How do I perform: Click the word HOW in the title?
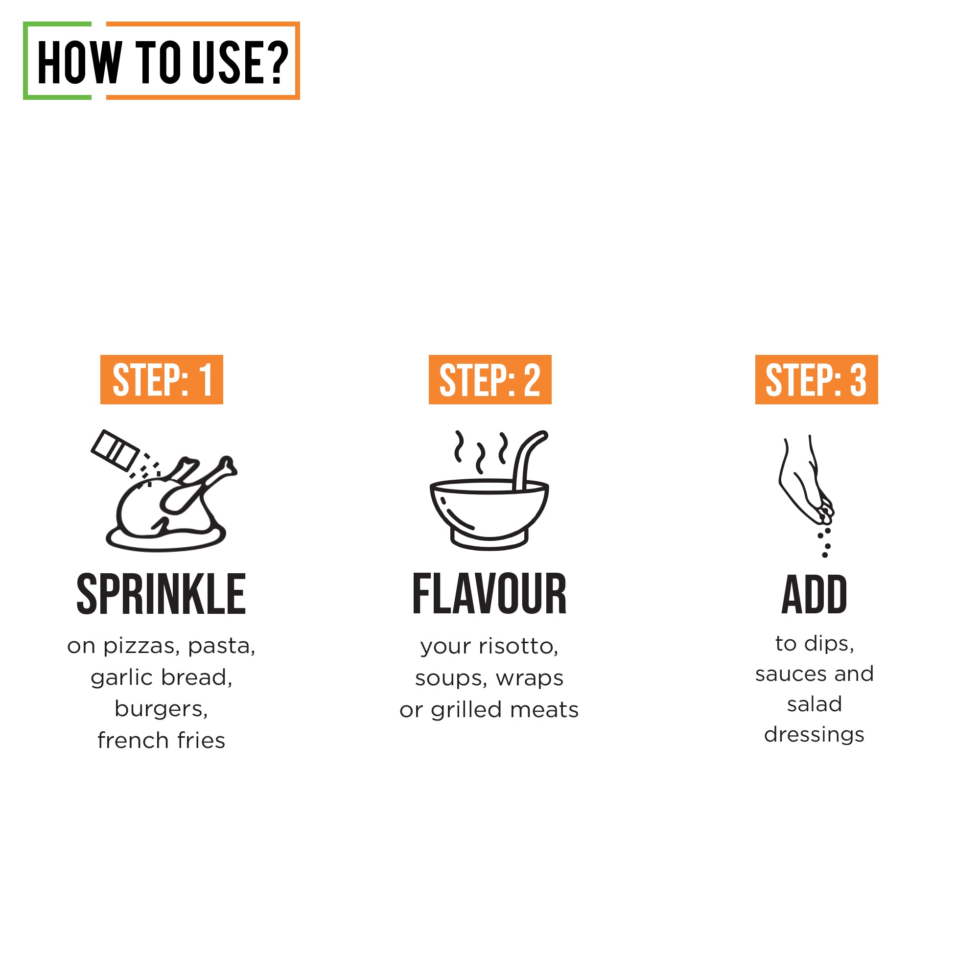[80, 62]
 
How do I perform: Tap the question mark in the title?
[277, 62]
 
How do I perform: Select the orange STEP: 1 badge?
[162, 379]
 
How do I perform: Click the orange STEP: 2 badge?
[489, 379]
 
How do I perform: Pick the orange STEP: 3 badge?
[816, 379]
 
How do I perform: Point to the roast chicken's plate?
[166, 542]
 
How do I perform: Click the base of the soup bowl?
[489, 541]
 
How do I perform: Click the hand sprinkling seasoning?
[803, 481]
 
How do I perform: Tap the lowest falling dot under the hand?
[825, 555]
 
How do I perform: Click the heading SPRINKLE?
[161, 594]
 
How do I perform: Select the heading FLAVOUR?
[489, 594]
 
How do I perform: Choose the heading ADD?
[815, 594]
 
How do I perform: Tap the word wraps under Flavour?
[530, 678]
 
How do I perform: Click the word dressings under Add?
[814, 735]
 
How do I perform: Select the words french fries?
[161, 740]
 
